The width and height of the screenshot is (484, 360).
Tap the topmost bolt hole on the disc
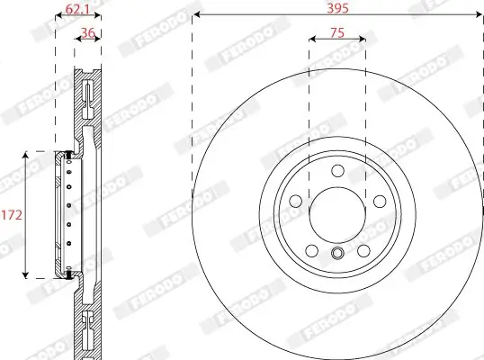(x=336, y=172)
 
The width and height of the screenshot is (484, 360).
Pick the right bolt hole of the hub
(x=379, y=202)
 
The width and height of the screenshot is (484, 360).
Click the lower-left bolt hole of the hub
(x=310, y=251)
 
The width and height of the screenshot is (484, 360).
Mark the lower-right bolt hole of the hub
(x=363, y=251)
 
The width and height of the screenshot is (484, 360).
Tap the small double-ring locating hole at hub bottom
(x=336, y=253)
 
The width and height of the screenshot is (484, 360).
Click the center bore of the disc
(x=336, y=215)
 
